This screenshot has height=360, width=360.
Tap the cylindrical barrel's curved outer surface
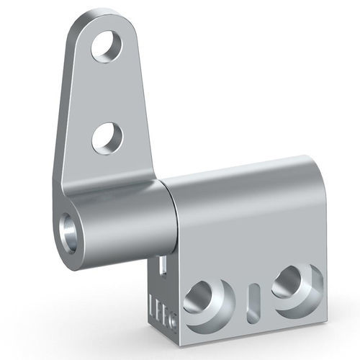click(126, 216)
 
